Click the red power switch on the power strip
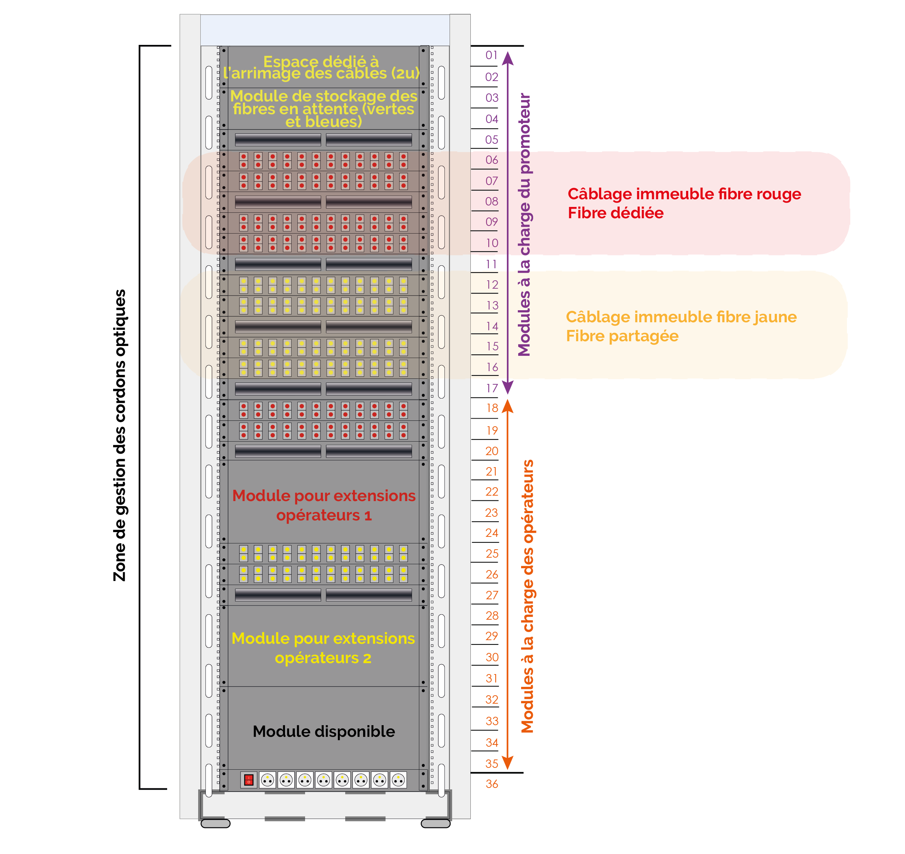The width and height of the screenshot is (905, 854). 249,780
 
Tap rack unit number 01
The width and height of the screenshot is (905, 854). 491,55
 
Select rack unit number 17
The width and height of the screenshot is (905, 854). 492,388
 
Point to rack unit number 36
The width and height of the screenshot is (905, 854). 492,784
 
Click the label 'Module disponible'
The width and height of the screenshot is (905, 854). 324,731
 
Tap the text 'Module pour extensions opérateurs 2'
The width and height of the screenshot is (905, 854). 323,648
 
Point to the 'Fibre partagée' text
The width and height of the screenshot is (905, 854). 622,336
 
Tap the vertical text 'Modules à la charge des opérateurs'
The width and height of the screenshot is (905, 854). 527,596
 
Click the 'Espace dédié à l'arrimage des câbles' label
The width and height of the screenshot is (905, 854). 321,68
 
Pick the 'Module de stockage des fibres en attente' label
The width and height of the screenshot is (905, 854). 324,109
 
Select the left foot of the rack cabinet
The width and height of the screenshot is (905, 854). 215,823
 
